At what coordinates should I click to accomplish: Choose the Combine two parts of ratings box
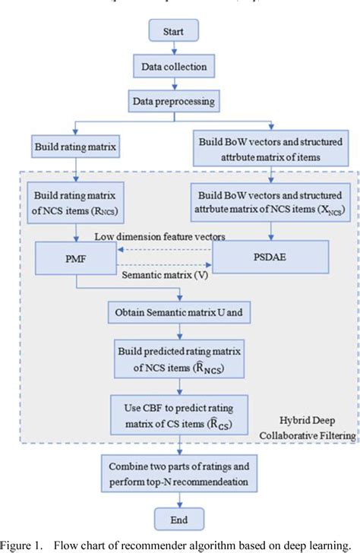point(179,472)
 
